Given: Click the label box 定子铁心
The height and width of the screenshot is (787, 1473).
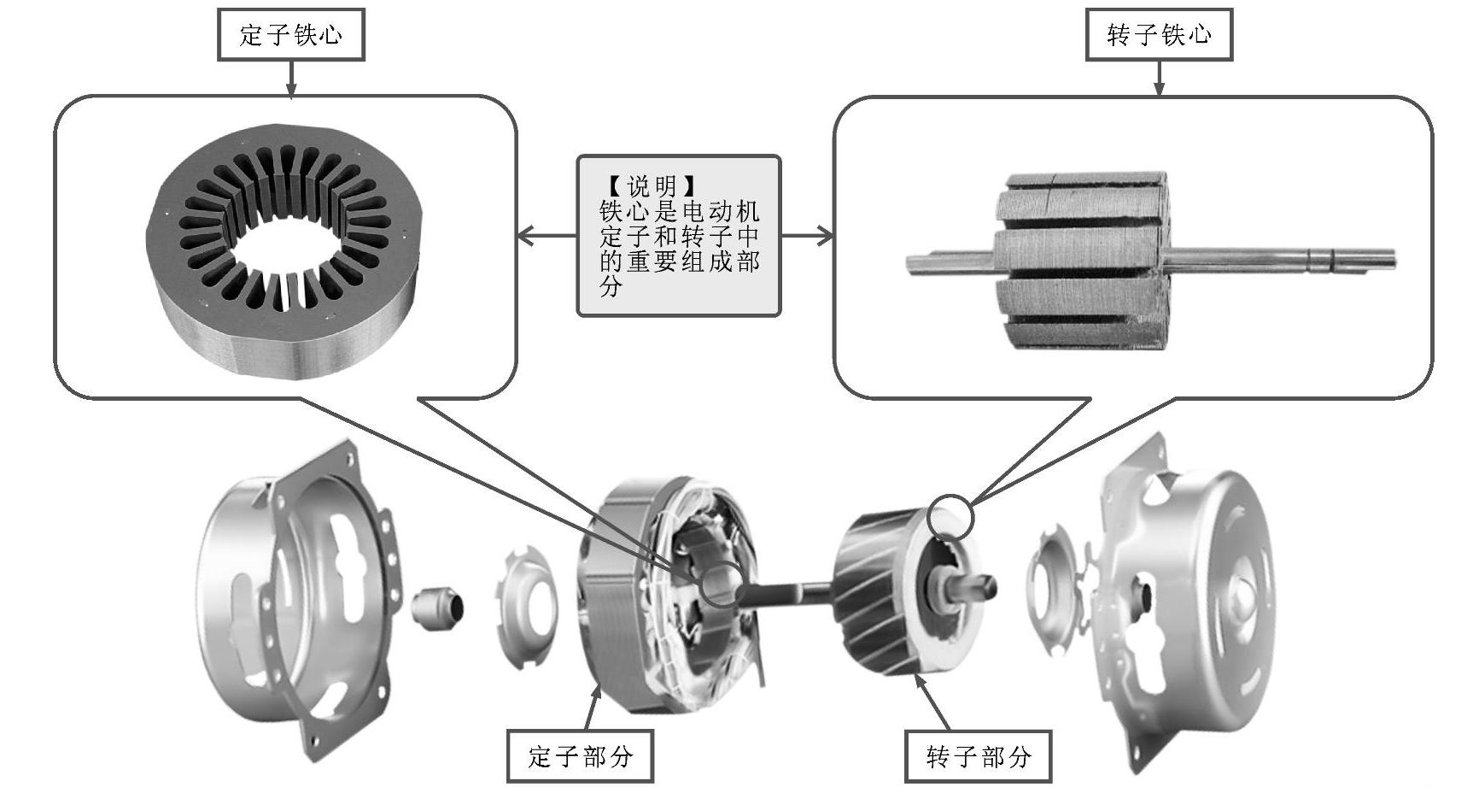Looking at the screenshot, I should pos(291,35).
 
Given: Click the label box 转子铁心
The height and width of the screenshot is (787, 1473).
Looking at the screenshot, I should pos(1159,35).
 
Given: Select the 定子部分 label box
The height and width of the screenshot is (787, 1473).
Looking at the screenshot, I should pos(580,755).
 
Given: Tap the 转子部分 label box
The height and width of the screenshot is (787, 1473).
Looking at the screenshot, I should pos(979,755).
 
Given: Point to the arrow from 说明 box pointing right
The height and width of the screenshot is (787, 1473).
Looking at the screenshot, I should pos(807,236).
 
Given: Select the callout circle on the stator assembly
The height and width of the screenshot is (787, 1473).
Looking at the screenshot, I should pos(722,584).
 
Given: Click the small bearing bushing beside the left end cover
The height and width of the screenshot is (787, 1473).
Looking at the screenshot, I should pos(438,607).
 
